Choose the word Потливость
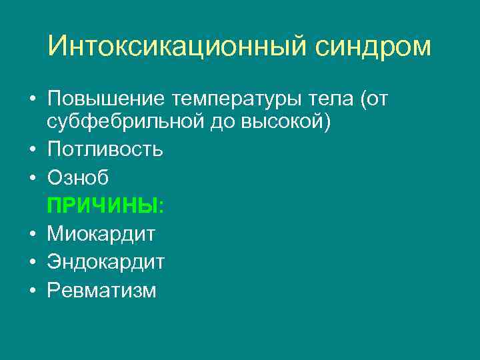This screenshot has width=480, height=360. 105,149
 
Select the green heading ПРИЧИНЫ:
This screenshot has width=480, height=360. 105,205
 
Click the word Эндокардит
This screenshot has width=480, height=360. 105,261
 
